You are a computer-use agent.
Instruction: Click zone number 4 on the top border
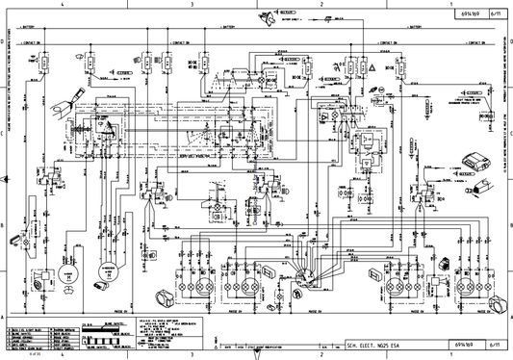click(64, 5)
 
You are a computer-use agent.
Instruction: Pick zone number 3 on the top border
click(192, 5)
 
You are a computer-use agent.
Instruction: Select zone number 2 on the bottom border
click(321, 355)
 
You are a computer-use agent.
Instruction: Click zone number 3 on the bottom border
click(192, 355)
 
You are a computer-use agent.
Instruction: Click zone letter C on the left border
click(5, 135)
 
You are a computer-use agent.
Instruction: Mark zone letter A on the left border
click(5, 316)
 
